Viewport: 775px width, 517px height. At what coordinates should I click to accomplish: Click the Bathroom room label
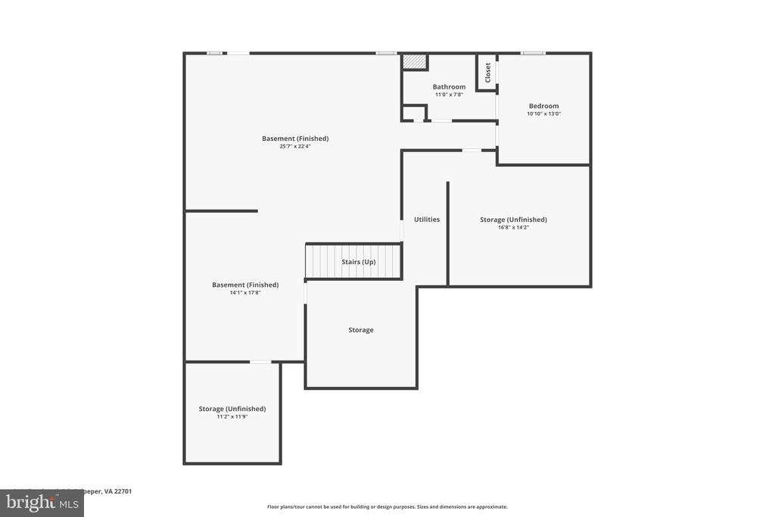click(449, 87)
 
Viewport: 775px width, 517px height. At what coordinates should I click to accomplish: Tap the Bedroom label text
click(543, 106)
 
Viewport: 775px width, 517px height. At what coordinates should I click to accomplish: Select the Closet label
click(488, 73)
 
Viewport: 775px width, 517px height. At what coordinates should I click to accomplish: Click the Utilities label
click(427, 220)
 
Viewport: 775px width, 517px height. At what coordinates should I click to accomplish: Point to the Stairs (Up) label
click(358, 262)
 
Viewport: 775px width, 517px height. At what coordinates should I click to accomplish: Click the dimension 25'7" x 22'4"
click(295, 146)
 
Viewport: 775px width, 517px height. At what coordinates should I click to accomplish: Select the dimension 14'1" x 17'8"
click(245, 292)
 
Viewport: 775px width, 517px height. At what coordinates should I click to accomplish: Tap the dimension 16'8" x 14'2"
click(513, 227)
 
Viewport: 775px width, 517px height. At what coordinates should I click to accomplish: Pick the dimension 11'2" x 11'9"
click(232, 416)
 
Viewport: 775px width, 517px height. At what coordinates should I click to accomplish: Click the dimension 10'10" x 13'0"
click(543, 114)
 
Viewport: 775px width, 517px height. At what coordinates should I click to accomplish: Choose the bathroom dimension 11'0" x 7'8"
click(449, 95)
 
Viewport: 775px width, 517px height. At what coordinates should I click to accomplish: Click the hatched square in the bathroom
click(414, 61)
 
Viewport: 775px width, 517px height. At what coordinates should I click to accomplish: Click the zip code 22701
click(122, 491)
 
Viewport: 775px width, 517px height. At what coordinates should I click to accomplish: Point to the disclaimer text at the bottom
click(387, 506)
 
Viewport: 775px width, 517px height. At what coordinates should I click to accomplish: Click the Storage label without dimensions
click(361, 330)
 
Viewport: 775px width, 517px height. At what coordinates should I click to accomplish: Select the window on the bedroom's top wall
click(533, 53)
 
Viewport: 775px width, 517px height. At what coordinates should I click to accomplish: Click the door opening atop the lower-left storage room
click(260, 362)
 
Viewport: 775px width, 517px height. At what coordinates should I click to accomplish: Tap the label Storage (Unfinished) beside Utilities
click(513, 220)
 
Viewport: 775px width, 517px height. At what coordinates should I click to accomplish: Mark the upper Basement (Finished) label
click(295, 139)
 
